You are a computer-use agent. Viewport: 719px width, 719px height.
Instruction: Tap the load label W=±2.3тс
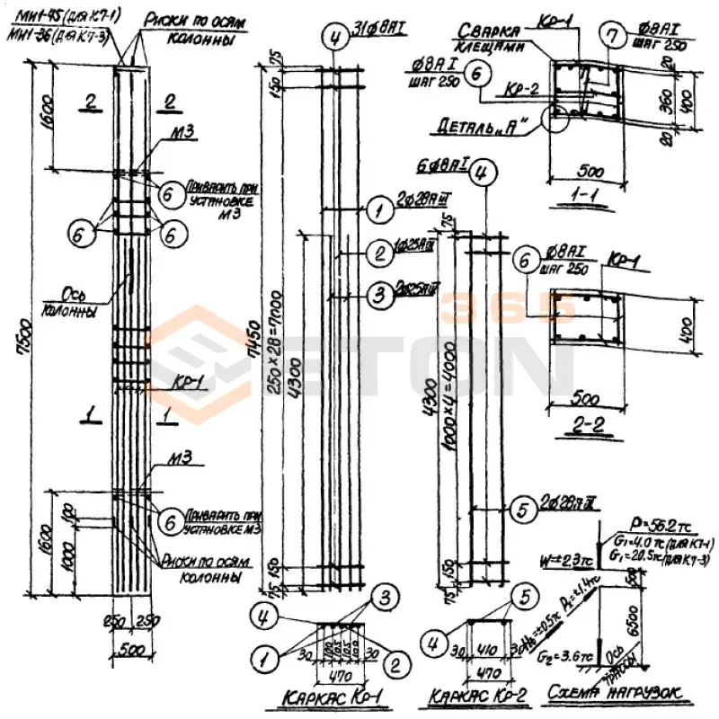point(559,564)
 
